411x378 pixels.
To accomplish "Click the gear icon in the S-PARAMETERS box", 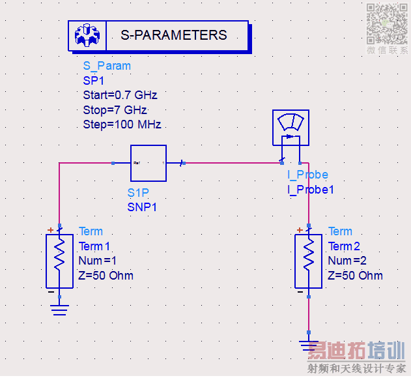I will [x=86, y=35].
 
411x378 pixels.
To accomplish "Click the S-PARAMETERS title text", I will [x=174, y=35].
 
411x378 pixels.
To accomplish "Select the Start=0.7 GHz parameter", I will [x=120, y=95].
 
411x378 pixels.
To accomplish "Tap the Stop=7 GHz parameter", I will [x=115, y=109].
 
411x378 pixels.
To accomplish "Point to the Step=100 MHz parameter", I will [x=122, y=124].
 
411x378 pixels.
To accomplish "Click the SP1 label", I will [x=93, y=81].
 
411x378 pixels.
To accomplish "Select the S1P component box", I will [x=149, y=163].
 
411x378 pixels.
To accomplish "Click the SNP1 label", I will [x=142, y=207].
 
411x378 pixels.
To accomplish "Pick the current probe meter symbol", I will [x=290, y=128].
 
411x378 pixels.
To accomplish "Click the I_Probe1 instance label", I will [x=311, y=190].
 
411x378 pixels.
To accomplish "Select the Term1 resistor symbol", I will [x=59, y=261].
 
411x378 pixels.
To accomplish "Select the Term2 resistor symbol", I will [x=309, y=261].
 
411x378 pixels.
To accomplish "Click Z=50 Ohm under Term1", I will [x=106, y=276].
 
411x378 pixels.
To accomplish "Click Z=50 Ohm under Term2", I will [x=356, y=276].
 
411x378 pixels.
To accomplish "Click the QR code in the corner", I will [x=387, y=23].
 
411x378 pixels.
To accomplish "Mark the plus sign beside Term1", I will [x=50, y=230].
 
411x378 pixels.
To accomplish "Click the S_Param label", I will [x=107, y=66].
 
